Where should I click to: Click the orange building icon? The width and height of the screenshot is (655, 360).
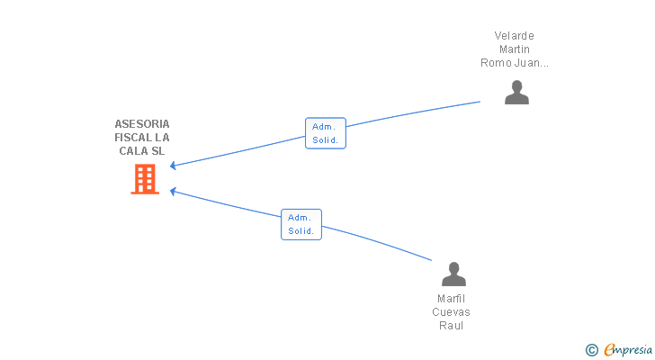145,179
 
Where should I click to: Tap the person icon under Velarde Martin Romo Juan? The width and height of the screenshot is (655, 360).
516,93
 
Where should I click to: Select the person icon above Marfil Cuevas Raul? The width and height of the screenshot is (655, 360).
453,274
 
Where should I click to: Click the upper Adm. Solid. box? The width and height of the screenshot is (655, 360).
326,133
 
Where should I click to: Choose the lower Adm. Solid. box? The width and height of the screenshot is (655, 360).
301,224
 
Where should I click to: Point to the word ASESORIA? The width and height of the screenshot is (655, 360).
142,124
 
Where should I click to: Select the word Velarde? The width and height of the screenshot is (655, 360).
515,35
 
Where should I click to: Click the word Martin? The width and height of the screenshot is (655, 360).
515,49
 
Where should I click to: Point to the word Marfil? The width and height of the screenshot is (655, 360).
451,299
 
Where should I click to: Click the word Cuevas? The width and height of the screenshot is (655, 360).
451,312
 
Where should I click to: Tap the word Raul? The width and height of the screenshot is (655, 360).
451,325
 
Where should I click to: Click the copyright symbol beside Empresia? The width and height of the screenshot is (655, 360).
591,350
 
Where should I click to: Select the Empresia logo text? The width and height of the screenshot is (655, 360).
628,349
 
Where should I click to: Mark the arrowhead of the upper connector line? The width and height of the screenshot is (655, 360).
173,166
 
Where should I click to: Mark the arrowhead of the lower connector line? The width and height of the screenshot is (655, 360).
173,191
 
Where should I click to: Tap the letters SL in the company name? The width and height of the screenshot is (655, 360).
158,151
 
